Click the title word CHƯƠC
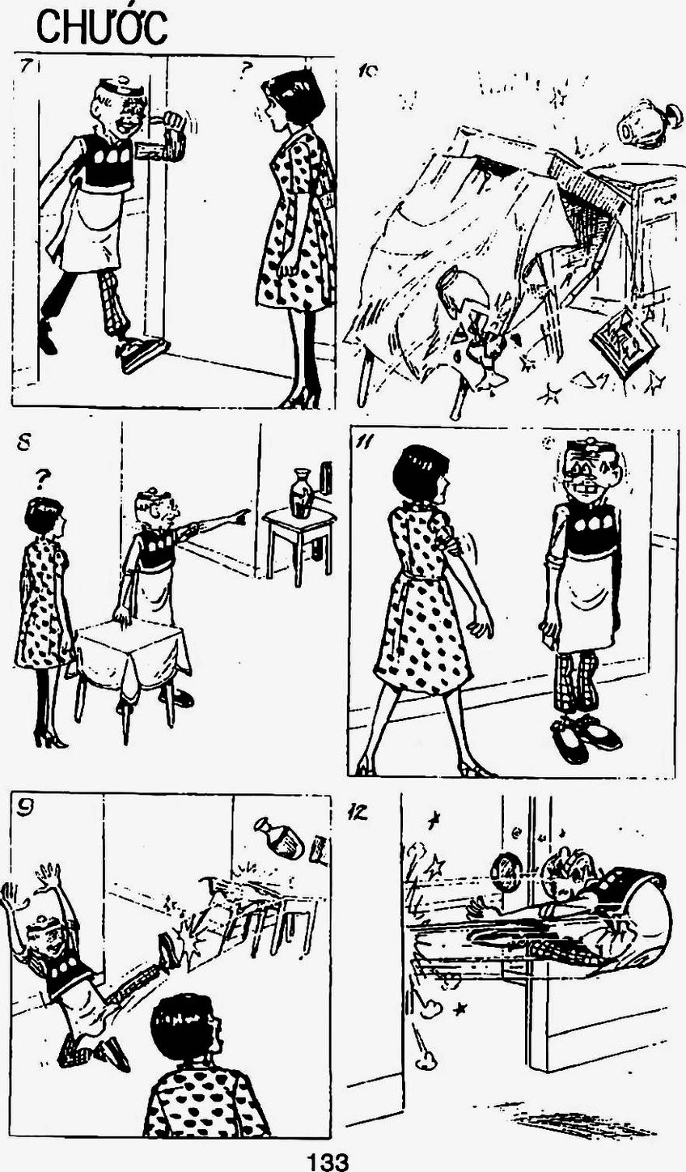[x=102, y=29]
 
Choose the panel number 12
[x=357, y=813]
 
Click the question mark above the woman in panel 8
[x=44, y=477]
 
